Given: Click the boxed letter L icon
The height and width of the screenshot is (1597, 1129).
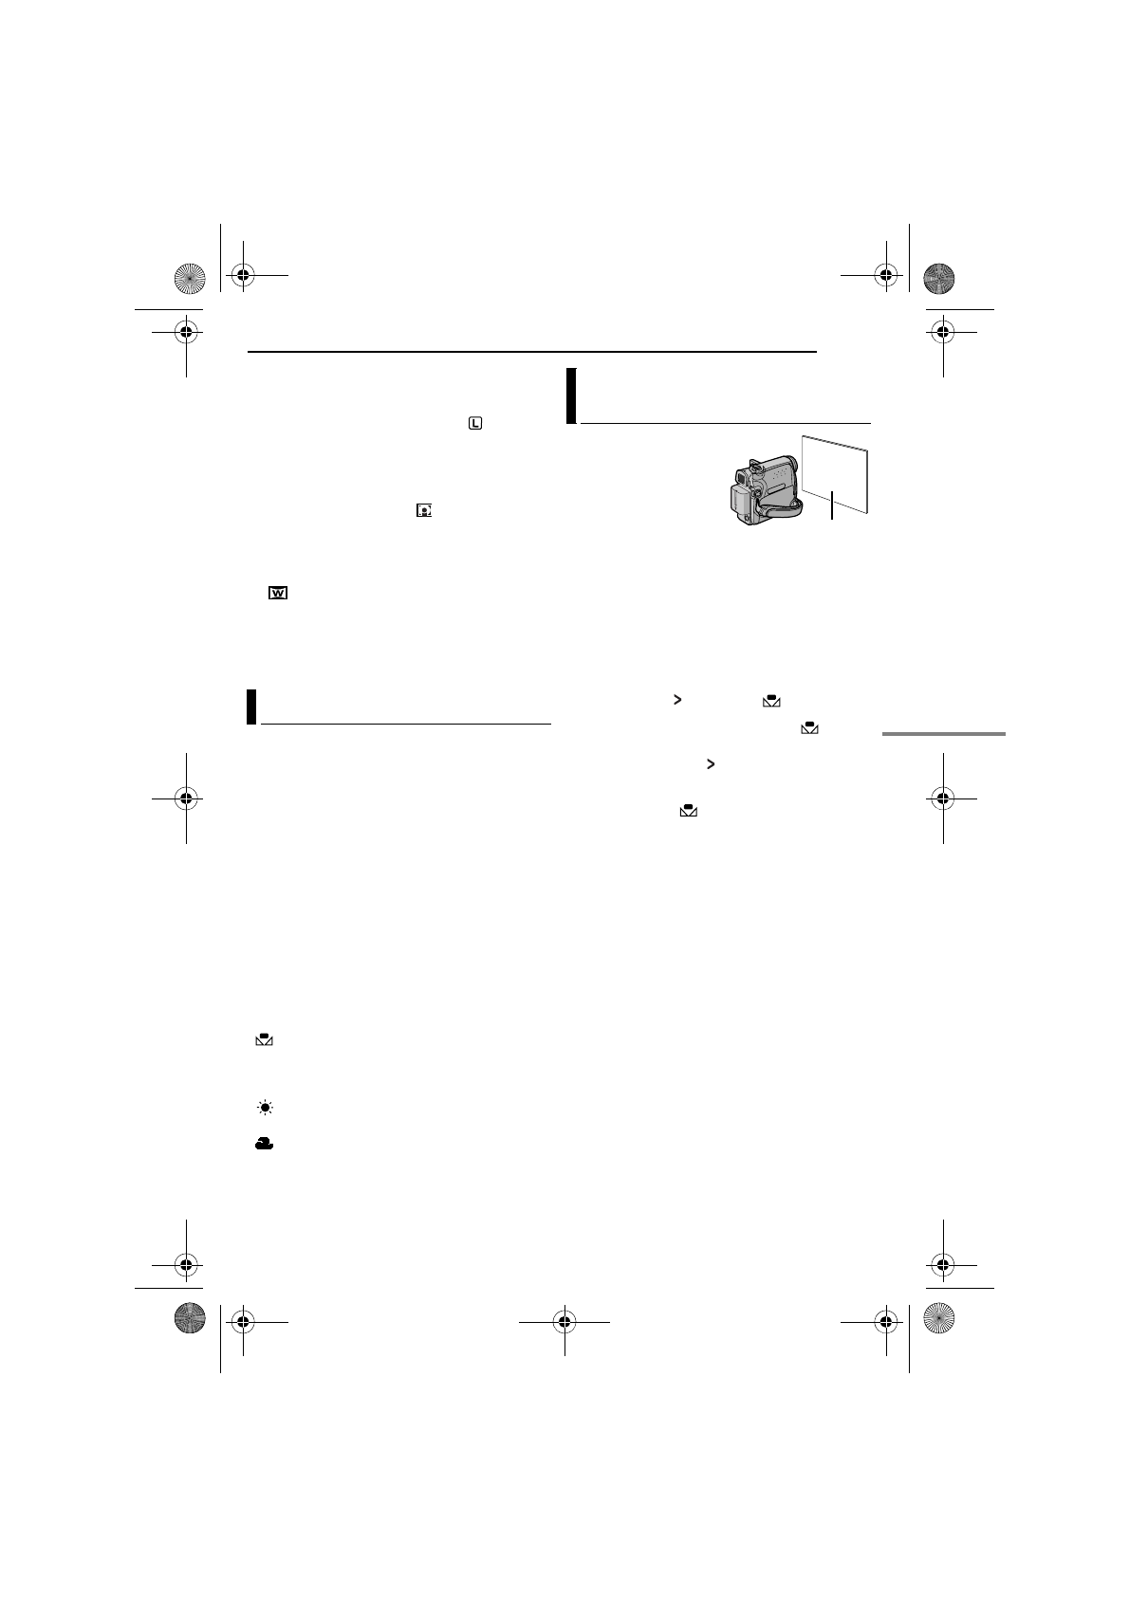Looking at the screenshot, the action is pos(474,423).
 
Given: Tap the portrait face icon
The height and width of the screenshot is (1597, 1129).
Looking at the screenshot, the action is pos(423,510).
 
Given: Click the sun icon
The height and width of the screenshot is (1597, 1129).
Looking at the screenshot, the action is pos(264,1108).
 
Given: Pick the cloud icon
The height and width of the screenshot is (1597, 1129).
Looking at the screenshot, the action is pos(264,1145).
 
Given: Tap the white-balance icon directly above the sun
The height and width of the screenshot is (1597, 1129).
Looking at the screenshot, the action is pos(264,1040).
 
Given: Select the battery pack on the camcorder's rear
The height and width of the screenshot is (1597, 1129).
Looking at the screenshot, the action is pos(737,500).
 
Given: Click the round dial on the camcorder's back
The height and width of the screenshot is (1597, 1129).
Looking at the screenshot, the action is pos(756,492).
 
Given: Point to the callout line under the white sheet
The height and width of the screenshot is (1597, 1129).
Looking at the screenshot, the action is pos(832,505).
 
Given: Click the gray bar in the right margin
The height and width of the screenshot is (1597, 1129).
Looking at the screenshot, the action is pos(942,733).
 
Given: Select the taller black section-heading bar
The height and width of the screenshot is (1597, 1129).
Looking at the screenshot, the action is pos(571,395).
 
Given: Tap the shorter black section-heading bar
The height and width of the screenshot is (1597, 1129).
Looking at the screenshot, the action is pos(251,707).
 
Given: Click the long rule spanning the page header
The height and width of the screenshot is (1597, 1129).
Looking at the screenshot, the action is pos(531,352).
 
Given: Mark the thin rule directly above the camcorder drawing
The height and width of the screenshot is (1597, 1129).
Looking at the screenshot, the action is pos(726,423).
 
